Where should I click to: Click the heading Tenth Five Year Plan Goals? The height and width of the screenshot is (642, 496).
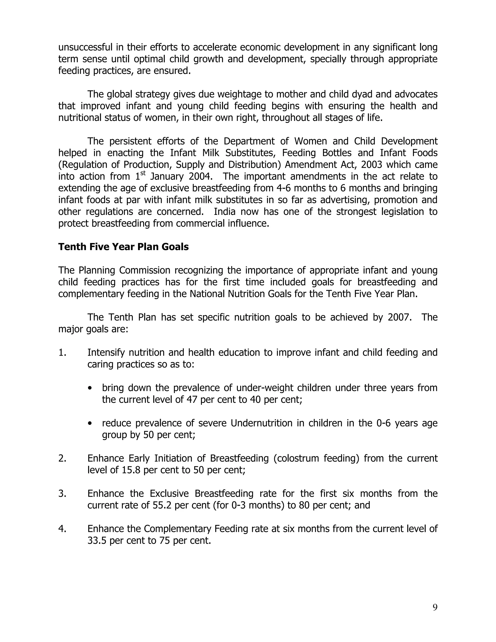click(x=124, y=247)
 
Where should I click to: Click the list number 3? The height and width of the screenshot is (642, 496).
click(x=62, y=493)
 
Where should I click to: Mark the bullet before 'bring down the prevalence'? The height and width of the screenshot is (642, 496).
click(x=90, y=388)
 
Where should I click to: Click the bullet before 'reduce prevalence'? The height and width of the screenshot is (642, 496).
click(x=90, y=423)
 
